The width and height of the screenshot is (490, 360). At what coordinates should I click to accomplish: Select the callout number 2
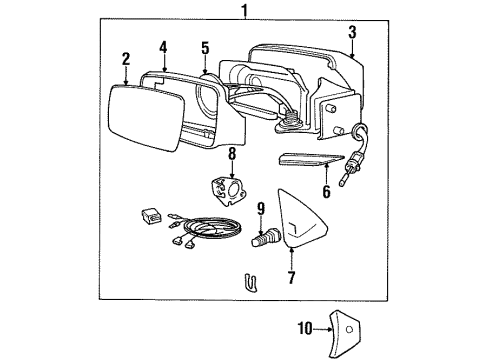(126, 61)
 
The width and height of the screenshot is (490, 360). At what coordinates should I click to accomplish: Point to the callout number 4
(164, 46)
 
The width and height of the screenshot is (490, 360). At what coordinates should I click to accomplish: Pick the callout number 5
(205, 49)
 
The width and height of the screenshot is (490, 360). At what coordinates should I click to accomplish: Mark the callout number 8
(231, 154)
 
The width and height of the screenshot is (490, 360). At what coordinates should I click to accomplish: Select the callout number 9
(259, 210)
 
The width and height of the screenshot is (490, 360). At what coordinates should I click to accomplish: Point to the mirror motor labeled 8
(229, 190)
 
